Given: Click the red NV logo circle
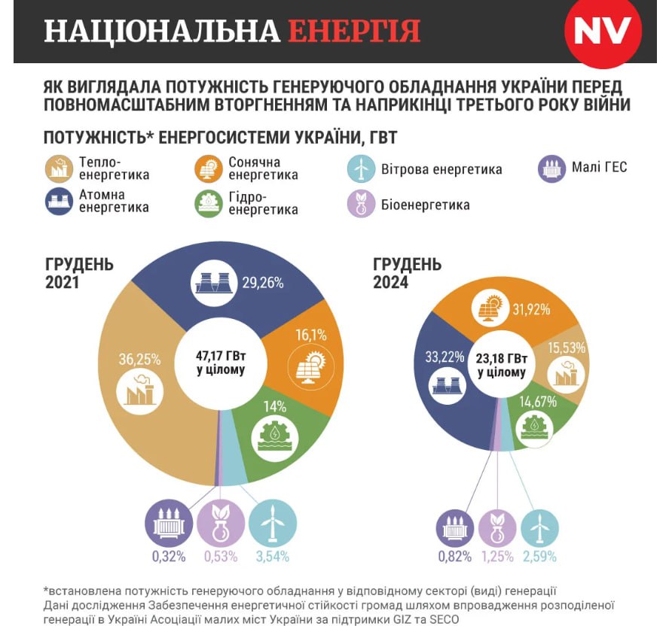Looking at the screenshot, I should (x=603, y=32).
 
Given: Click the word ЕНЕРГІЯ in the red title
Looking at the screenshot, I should (x=353, y=31).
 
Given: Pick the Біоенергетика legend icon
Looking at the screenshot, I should (x=361, y=205).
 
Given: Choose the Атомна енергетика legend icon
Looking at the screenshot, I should (x=58, y=202).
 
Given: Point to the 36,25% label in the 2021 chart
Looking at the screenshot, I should (x=139, y=360).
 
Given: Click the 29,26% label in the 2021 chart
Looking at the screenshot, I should (x=263, y=283).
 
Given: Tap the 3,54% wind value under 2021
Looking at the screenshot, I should (x=272, y=557).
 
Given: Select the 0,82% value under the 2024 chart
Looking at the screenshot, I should (x=454, y=557).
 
